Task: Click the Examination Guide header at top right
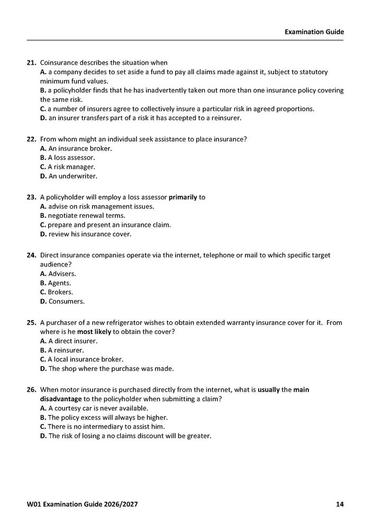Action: [x=314, y=32]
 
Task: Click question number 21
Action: [x=31, y=63]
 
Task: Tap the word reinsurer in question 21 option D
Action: [x=225, y=118]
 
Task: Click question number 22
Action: [x=31, y=139]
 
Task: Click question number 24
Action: [x=31, y=255]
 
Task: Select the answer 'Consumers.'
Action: [x=66, y=302]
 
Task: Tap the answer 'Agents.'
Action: [x=59, y=283]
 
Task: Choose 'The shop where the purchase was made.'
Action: [x=111, y=368]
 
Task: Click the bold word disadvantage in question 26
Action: [x=61, y=399]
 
